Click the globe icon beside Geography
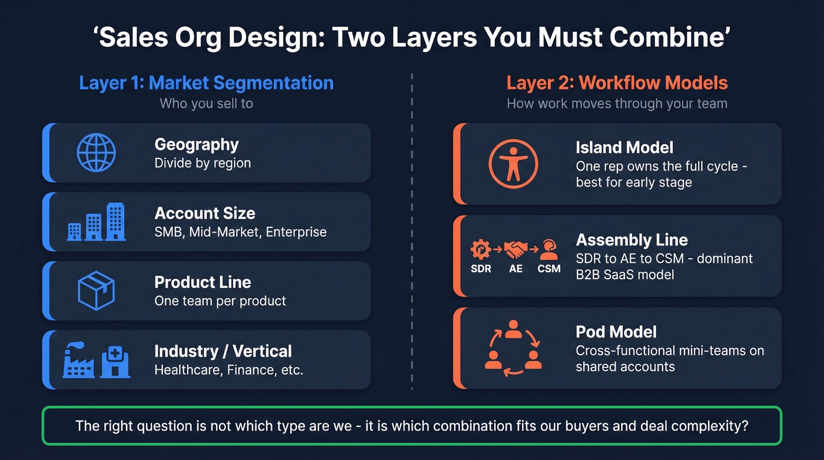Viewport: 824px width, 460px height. (x=96, y=153)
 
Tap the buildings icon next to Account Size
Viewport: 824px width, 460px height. (x=97, y=222)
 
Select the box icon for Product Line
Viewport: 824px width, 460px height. (x=96, y=290)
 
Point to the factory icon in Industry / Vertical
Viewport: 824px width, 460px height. (x=78, y=360)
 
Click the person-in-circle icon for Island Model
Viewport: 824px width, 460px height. (x=513, y=164)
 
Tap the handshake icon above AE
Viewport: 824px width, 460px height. (x=516, y=249)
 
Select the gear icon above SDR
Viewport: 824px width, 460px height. (x=480, y=249)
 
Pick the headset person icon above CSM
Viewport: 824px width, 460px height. (x=549, y=249)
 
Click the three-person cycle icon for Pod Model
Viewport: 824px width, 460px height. (x=513, y=348)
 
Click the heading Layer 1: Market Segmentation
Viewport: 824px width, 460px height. (x=206, y=83)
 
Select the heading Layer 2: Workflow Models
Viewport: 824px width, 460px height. (x=617, y=83)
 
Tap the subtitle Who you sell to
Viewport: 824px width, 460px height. (x=206, y=104)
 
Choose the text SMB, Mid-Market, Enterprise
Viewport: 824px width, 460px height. (x=240, y=232)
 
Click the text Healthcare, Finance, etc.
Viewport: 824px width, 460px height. (x=228, y=370)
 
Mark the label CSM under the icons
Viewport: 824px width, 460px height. (x=549, y=269)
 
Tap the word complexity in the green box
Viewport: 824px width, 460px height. (x=713, y=425)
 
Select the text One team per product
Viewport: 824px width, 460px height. (x=220, y=301)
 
